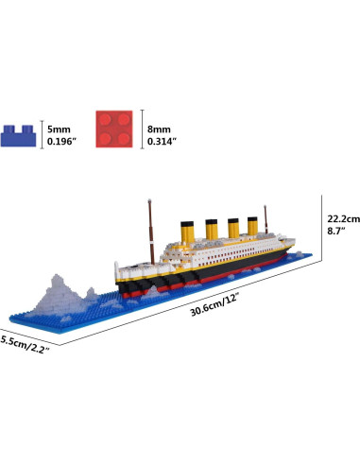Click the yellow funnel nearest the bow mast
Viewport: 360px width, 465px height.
tap(189, 231)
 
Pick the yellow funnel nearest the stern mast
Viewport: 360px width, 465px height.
tap(252, 228)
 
